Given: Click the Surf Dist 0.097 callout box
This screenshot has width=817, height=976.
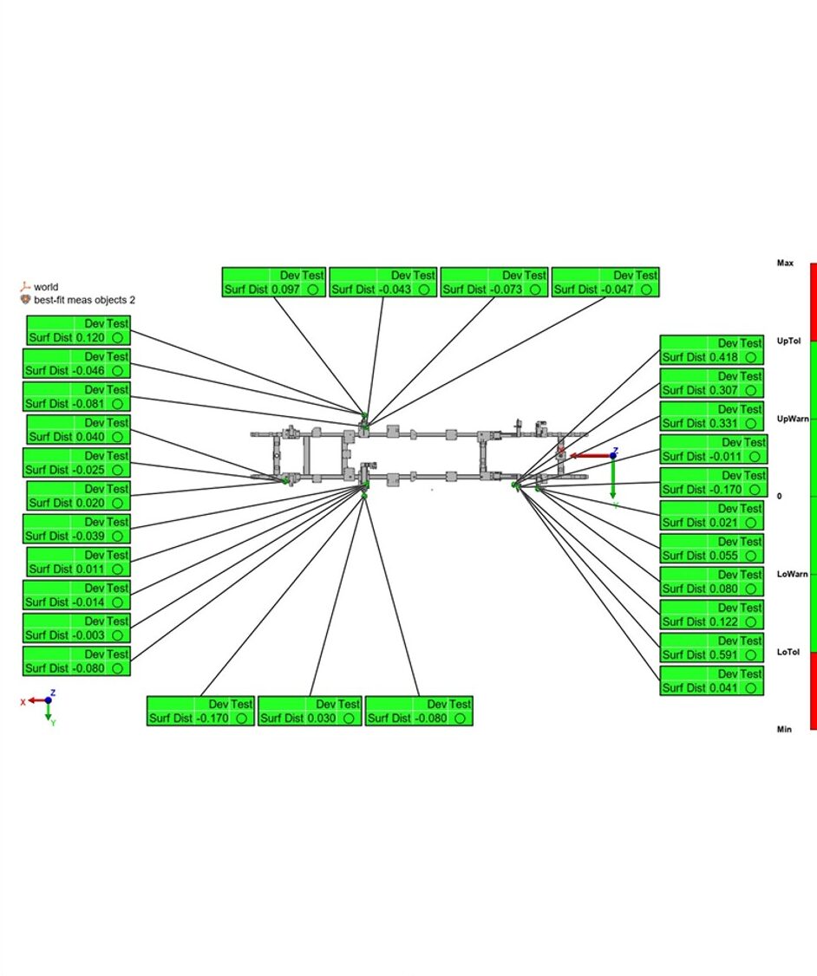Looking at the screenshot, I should tap(273, 283).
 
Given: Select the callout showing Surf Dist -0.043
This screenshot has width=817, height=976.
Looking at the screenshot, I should tap(382, 283).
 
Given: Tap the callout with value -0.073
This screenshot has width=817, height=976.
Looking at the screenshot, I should tap(493, 283).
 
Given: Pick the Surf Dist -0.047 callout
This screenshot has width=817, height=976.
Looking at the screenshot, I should tap(605, 283).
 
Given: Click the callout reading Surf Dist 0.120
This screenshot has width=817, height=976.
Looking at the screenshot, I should tap(77, 330).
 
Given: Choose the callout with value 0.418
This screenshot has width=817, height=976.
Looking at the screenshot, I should tap(711, 349).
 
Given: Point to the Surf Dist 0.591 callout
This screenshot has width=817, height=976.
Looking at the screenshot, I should tap(711, 647).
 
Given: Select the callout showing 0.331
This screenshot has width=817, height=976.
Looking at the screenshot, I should tap(711, 416).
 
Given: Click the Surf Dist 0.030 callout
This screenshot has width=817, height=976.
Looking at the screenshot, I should tap(310, 711).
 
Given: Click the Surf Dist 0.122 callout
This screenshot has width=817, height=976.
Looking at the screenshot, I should tap(711, 615).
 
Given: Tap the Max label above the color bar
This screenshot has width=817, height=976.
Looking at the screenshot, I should tap(785, 263).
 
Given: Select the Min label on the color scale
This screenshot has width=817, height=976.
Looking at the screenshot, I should tap(784, 730).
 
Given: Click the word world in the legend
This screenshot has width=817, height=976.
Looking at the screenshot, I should tap(46, 287).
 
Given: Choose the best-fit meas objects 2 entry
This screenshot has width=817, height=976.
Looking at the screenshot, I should tap(84, 300).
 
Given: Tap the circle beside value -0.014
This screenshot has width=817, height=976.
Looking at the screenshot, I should tap(117, 602).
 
